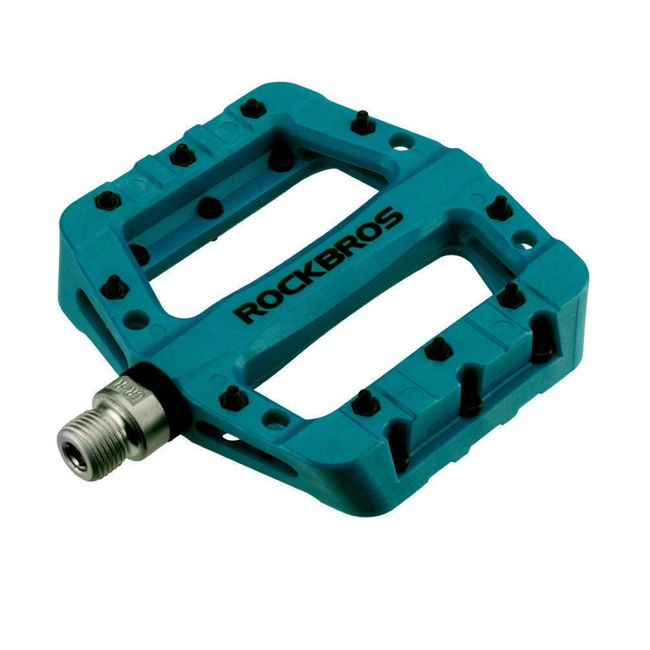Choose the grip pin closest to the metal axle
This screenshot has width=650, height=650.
[x=233, y=398]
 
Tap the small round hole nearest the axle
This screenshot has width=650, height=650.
[x=275, y=419]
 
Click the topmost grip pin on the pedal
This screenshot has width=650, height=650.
[x=253, y=107]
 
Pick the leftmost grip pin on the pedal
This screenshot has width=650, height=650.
[x=107, y=200]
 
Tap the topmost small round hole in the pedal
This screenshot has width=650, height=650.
[x=402, y=142]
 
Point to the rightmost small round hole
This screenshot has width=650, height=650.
[x=525, y=239]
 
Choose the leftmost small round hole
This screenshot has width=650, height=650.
[x=136, y=318]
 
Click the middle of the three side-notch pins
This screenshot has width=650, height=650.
[x=470, y=402]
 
